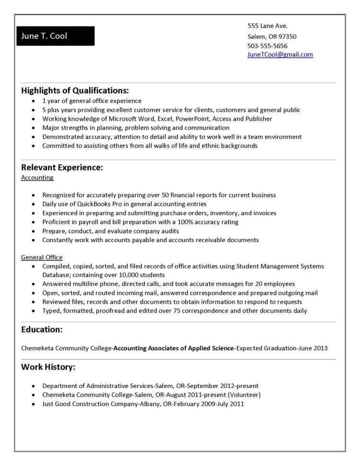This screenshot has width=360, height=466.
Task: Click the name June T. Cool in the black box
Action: [44, 36]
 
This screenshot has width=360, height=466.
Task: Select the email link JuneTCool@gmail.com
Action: [280, 55]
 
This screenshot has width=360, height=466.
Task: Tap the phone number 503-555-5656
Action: [267, 46]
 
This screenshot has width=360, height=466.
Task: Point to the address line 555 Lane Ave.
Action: [267, 26]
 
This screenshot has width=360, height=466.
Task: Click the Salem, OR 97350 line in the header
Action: [272, 37]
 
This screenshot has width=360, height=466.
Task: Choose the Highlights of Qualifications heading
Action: [75, 90]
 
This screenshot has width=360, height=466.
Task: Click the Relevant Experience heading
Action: [62, 168]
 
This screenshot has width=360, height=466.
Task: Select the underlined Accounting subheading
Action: [37, 178]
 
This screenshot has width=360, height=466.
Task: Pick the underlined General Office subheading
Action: [42, 258]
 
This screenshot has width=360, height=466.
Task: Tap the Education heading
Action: [42, 330]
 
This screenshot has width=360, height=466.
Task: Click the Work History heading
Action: [48, 367]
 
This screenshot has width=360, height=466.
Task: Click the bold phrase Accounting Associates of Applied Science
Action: [173, 348]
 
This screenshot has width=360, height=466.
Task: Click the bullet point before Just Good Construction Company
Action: [33, 404]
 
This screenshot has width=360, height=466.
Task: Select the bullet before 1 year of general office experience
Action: [33, 101]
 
